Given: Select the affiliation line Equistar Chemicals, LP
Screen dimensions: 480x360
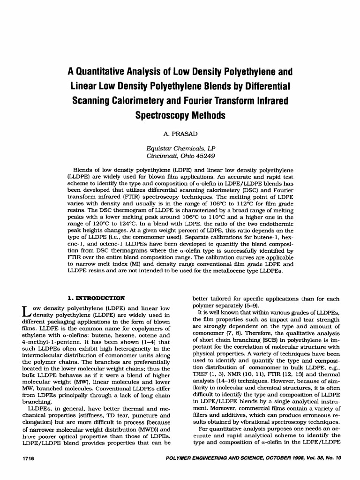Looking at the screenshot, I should click(180, 147).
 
